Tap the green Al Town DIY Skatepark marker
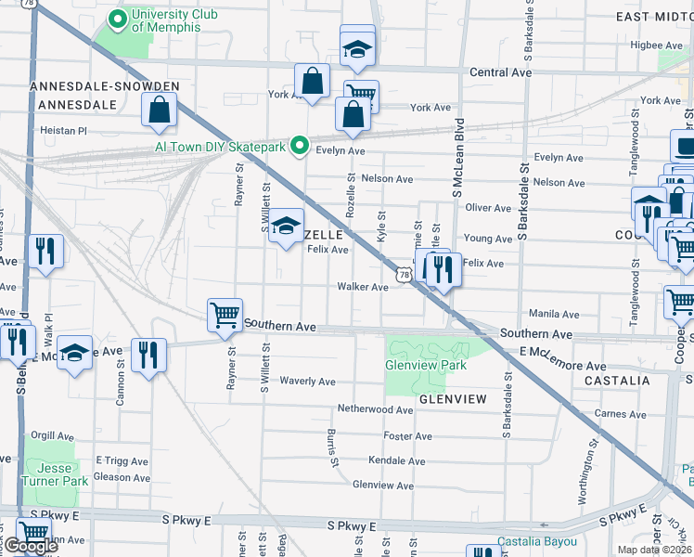(x=300, y=145)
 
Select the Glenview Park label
(x=425, y=365)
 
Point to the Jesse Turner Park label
(x=55, y=474)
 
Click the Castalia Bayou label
(x=536, y=542)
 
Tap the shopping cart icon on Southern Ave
(x=225, y=316)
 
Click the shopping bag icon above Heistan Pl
(x=160, y=110)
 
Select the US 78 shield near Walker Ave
(x=403, y=275)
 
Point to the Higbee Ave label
(x=656, y=45)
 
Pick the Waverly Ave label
(x=308, y=382)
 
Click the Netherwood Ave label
(x=374, y=408)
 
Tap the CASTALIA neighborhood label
(x=617, y=381)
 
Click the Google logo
(x=30, y=546)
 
